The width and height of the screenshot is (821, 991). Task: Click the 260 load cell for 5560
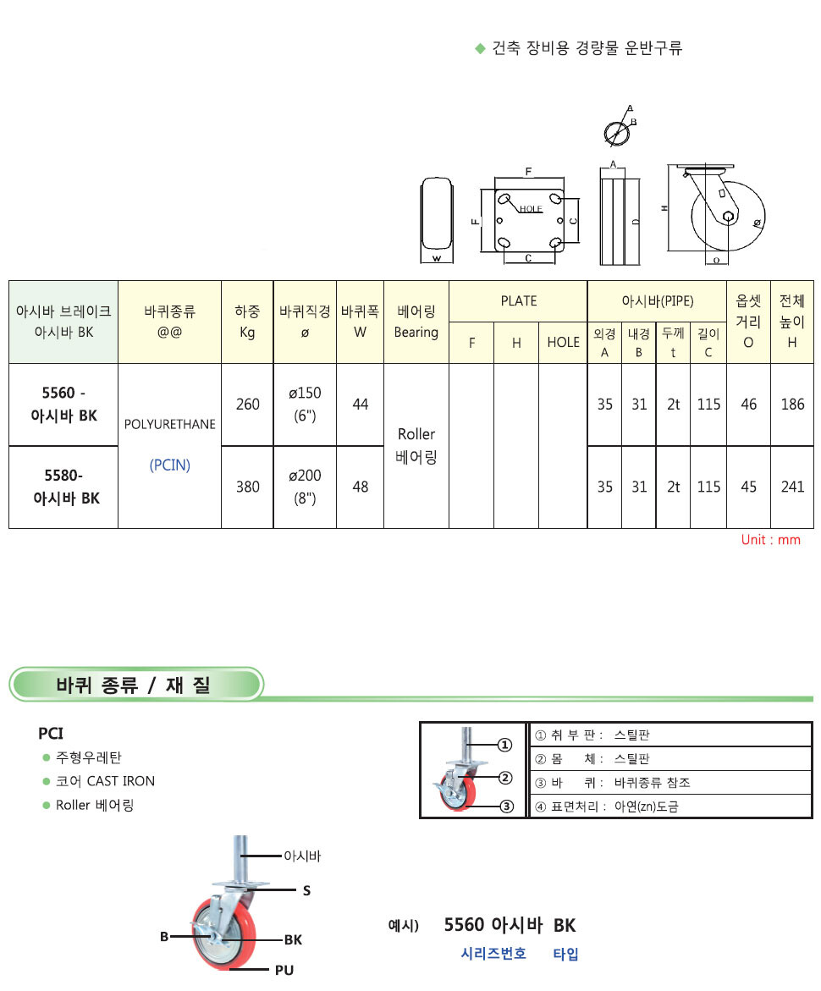[x=247, y=405]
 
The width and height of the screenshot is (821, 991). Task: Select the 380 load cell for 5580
[x=247, y=487]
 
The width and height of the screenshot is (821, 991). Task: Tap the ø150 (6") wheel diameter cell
[x=305, y=405]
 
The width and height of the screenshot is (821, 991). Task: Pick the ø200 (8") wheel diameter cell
[x=305, y=487]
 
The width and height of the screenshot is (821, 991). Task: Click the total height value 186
[x=792, y=405]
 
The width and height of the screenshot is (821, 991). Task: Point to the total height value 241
[x=792, y=487]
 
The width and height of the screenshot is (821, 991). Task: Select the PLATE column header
[x=518, y=301]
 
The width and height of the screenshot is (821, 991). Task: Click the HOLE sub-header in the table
[x=563, y=343]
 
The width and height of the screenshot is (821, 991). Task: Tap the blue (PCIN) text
[x=170, y=465]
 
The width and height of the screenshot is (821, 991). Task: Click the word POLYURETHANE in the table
[x=170, y=424]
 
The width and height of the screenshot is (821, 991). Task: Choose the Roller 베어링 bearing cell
[x=416, y=446]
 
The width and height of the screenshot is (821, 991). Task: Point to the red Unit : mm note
[x=770, y=540]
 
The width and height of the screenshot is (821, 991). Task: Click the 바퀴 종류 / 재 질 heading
[x=133, y=685]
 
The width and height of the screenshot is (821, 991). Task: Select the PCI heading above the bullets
[x=51, y=733]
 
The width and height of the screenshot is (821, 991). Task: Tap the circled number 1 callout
[x=504, y=745]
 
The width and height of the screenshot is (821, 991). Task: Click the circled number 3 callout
[x=505, y=806]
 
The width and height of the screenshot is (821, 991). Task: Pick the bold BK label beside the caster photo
[x=293, y=939]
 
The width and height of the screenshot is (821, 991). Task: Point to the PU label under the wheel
[x=284, y=970]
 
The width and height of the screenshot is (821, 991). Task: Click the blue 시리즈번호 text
[x=493, y=954]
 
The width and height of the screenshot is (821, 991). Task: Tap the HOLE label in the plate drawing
[x=531, y=209]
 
